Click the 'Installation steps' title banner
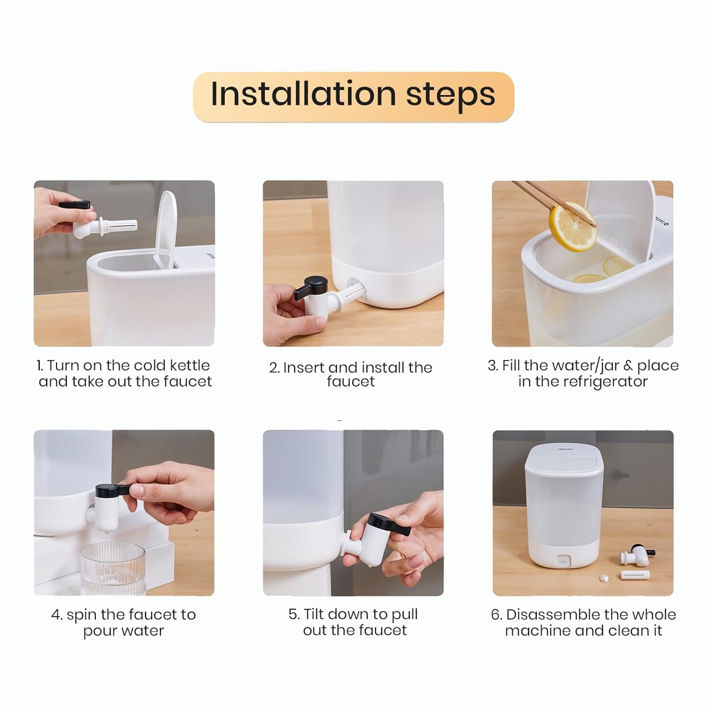[x=354, y=97]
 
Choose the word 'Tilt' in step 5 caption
[x=314, y=614]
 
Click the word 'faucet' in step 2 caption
[x=351, y=382]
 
